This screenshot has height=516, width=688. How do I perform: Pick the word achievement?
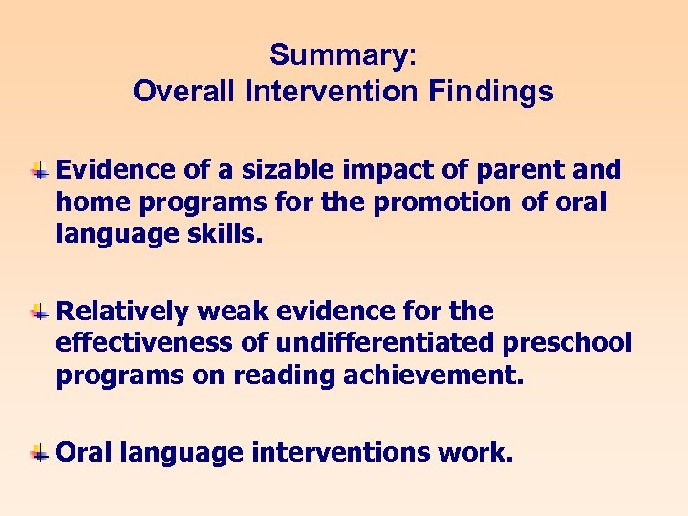(x=441, y=375)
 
